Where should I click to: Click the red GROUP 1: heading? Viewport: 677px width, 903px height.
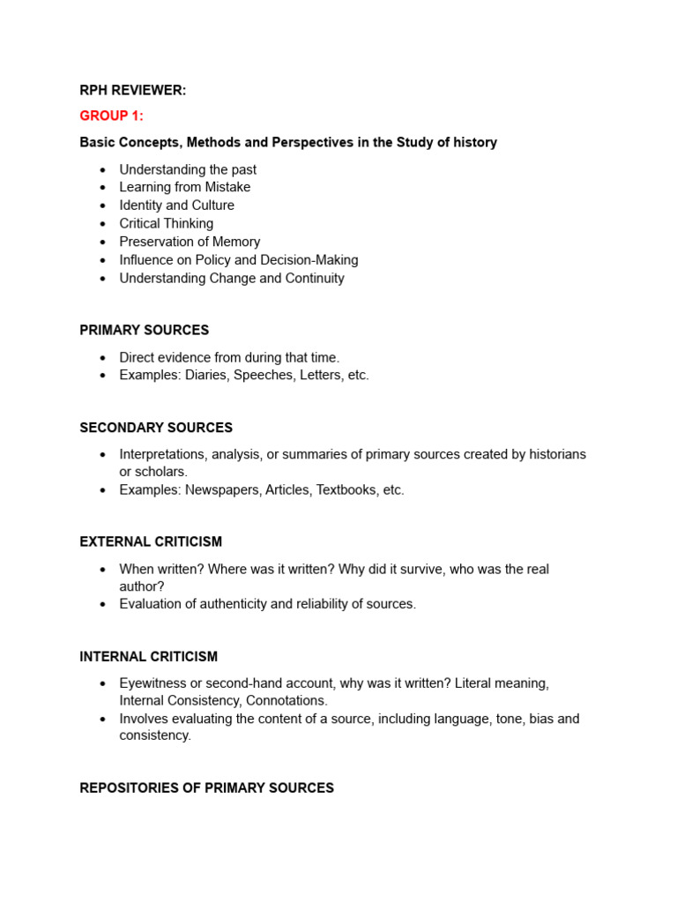pyautogui.click(x=111, y=116)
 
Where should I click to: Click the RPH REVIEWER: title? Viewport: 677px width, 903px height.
pyautogui.click(x=132, y=91)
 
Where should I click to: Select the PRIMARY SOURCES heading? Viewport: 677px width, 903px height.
pyautogui.click(x=144, y=330)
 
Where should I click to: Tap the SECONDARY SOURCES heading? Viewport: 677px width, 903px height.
pyautogui.click(x=156, y=428)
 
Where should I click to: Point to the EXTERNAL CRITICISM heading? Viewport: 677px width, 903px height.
pyautogui.click(x=151, y=541)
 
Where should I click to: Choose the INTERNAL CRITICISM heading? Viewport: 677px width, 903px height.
pyautogui.click(x=148, y=656)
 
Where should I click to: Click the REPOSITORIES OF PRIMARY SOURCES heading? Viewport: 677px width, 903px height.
pyautogui.click(x=206, y=787)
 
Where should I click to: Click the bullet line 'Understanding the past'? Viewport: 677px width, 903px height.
pyautogui.click(x=188, y=169)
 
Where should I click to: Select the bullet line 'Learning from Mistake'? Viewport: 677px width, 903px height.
pyautogui.click(x=184, y=187)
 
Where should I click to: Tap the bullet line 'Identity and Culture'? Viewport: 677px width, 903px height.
pyautogui.click(x=176, y=205)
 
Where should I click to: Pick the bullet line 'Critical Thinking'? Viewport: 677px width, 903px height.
pyautogui.click(x=166, y=223)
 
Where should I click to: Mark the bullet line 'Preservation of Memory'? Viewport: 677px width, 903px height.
pyautogui.click(x=190, y=242)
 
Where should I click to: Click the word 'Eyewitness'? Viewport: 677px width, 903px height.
pyautogui.click(x=152, y=683)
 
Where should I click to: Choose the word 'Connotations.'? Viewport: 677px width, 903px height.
pyautogui.click(x=286, y=700)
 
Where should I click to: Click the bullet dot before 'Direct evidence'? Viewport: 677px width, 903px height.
pyautogui.click(x=103, y=357)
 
